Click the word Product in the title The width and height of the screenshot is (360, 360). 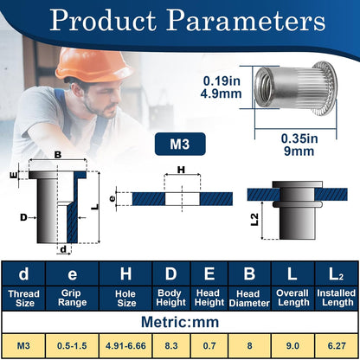pyautogui.click(x=103, y=20)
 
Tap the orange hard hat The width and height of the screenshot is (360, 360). pyautogui.click(x=92, y=65)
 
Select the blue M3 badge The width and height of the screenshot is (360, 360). pyautogui.click(x=180, y=144)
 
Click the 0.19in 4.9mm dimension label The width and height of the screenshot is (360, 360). pyautogui.click(x=222, y=87)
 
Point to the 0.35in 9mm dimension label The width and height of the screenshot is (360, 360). pyautogui.click(x=299, y=145)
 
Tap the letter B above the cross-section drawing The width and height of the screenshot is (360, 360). pyautogui.click(x=58, y=155)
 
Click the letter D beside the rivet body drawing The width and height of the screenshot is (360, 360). pyautogui.click(x=23, y=217)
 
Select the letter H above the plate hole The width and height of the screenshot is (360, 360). pyautogui.click(x=181, y=170)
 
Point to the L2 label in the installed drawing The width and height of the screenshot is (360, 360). pyautogui.click(x=254, y=220)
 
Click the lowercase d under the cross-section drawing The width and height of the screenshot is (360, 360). pyautogui.click(x=64, y=249)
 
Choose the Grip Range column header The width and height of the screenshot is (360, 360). pyautogui.click(x=72, y=298)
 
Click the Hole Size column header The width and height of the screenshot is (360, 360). pyautogui.click(x=125, y=299)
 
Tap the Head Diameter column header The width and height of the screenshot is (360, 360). pyautogui.click(x=249, y=299)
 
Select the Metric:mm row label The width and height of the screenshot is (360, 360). pyautogui.click(x=180, y=322)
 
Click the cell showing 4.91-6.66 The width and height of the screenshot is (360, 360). pyautogui.click(x=125, y=345)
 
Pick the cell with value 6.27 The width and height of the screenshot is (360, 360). pyautogui.click(x=337, y=345)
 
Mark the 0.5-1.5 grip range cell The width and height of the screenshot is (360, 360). pyautogui.click(x=72, y=345)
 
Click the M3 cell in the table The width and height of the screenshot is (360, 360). pyautogui.click(x=23, y=345)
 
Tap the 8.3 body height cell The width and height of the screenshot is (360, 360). pyautogui.click(x=171, y=345)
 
